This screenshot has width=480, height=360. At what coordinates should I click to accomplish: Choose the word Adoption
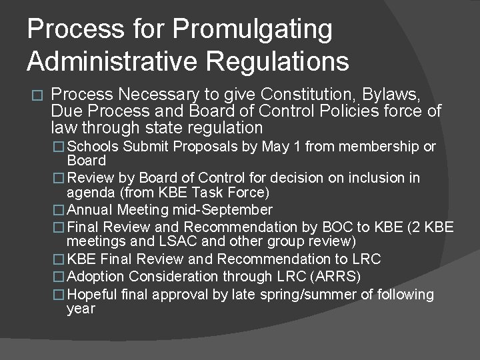tap(97, 276)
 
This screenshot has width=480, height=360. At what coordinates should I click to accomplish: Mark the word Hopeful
tap(95, 294)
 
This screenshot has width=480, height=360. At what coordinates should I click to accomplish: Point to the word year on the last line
tap(81, 309)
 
